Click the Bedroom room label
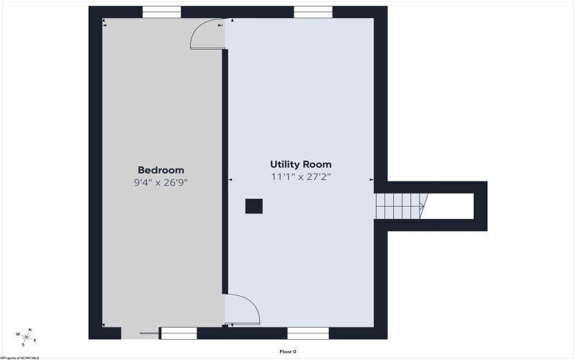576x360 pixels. tap(161, 170)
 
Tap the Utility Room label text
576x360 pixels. tap(301, 164)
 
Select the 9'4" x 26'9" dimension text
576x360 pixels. tap(161, 183)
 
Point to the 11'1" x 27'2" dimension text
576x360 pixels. tap(301, 176)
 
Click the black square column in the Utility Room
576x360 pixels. tap(254, 206)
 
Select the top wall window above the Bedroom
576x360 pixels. tap(161, 12)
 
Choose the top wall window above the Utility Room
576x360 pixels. tap(313, 12)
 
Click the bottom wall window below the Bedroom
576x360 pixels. tap(179, 333)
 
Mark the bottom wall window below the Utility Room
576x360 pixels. tap(308, 333)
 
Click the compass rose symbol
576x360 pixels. tap(27, 337)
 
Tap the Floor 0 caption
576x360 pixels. tap(288, 351)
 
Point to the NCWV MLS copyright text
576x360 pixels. tap(20, 358)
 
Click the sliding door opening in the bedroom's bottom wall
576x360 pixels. tap(140, 333)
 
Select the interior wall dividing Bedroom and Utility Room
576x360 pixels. tap(225, 171)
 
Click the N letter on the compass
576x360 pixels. tap(30, 330)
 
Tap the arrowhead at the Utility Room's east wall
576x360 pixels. tap(372, 179)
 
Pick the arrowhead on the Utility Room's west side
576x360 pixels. tap(230, 179)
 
